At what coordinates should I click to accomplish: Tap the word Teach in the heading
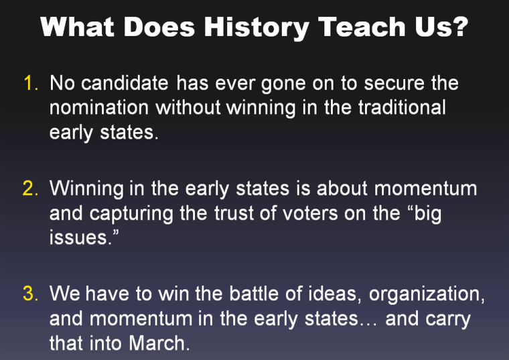(362, 27)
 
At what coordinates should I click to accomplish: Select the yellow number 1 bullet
(31, 83)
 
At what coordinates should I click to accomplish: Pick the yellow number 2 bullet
(30, 188)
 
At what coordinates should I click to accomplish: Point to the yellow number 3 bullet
(30, 294)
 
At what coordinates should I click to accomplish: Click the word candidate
(125, 83)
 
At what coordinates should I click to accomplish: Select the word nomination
(99, 107)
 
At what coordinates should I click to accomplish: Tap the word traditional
(402, 107)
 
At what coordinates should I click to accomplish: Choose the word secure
(394, 84)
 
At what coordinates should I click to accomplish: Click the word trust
(234, 213)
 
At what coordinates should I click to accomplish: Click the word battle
(254, 294)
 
